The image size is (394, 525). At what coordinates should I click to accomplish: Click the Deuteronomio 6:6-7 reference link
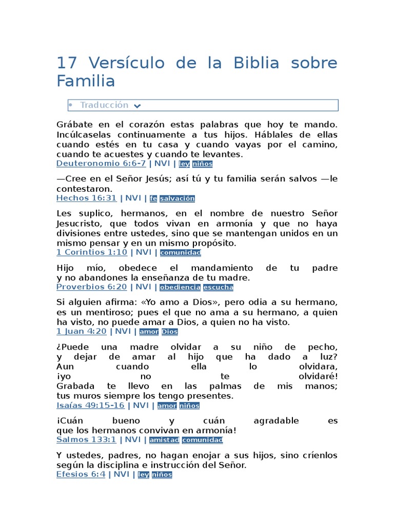click(101, 164)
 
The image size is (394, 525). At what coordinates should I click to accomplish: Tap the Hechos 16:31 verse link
click(86, 198)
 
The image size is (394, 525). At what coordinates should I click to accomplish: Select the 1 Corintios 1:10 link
click(92, 252)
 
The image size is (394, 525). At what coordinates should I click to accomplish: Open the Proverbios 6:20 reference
click(91, 287)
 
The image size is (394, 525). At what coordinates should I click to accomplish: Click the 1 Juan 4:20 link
click(82, 331)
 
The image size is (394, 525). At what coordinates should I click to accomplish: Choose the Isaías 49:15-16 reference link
click(90, 405)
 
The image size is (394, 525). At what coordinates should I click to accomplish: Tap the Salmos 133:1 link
click(86, 439)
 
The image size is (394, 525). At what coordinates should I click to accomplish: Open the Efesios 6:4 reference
click(81, 474)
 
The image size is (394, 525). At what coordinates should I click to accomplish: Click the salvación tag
click(178, 198)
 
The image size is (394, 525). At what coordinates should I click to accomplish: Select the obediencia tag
click(180, 287)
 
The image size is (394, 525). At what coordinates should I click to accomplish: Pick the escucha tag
click(218, 287)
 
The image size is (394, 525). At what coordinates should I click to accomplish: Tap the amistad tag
click(164, 440)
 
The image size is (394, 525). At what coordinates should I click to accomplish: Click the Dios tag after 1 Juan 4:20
click(170, 332)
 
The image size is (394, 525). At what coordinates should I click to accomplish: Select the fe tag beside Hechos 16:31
click(153, 198)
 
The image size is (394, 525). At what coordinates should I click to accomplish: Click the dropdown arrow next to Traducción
click(137, 106)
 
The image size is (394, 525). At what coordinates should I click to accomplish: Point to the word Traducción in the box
click(104, 105)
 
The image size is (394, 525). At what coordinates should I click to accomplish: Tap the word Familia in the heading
click(86, 81)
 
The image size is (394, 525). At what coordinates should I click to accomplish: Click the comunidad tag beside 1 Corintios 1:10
click(181, 253)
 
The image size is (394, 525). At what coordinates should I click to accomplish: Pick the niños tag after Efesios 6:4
click(162, 475)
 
